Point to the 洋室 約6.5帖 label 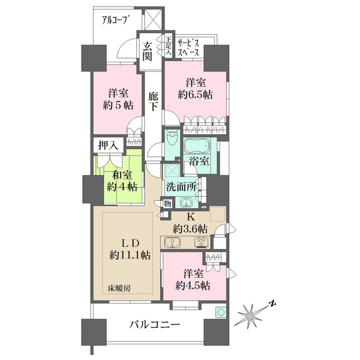point(196,89)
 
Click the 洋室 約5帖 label point(116,99)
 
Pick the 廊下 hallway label point(154,100)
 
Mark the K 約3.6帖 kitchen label point(190,223)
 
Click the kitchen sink point(172,244)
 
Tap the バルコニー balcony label point(154,325)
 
